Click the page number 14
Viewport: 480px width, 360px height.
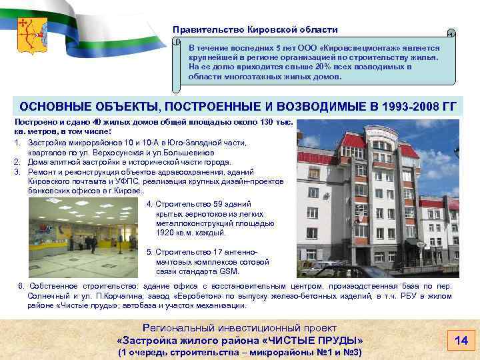[x=461, y=341]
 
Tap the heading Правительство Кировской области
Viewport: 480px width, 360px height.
[x=255, y=30]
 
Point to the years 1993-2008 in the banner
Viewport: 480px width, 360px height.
[x=407, y=107]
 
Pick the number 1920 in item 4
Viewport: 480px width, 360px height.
[x=165, y=233]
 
